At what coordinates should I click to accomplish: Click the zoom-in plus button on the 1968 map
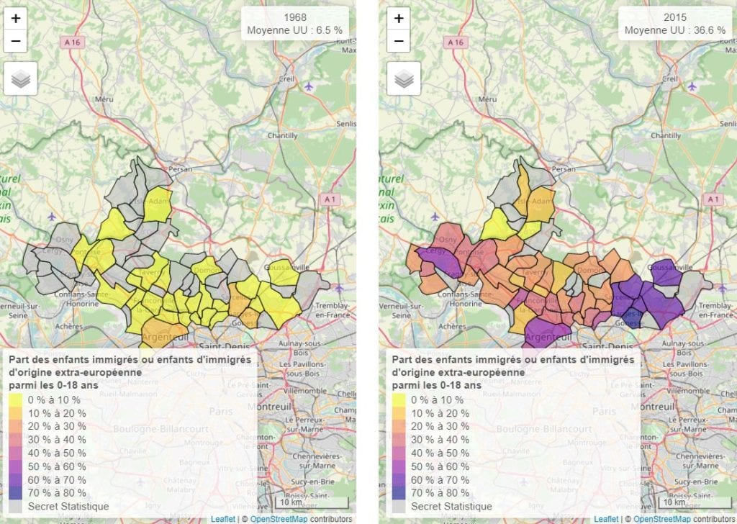pos(16,18)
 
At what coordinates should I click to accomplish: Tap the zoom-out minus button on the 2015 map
pos(399,42)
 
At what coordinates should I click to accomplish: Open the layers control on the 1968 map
pos(20,78)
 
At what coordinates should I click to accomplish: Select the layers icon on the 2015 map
pos(403,78)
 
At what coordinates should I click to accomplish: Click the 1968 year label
pos(294,17)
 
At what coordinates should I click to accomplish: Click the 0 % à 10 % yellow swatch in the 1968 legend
pos(17,399)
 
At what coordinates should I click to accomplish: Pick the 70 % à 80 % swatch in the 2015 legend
pos(399,493)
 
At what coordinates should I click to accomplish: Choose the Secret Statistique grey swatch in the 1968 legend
pos(17,506)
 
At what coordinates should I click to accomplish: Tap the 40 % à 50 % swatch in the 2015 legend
pos(399,453)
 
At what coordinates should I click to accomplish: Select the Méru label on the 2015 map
pos(487,99)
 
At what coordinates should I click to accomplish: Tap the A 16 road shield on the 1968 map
pos(71,42)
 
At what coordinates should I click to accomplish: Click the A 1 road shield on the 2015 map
pos(713,198)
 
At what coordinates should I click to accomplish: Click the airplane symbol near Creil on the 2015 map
pos(692,86)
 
